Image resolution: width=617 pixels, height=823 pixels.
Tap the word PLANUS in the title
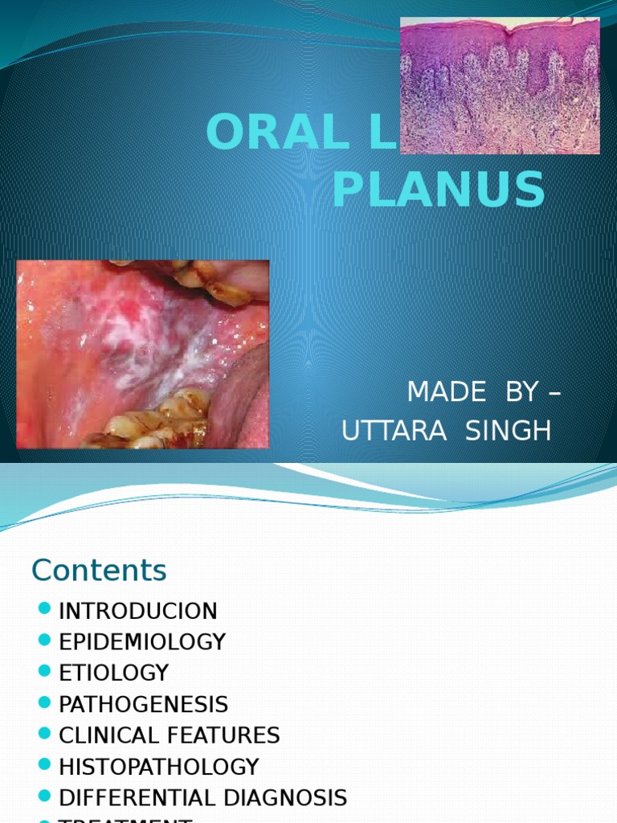[x=439, y=190]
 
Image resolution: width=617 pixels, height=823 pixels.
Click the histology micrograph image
[x=500, y=85]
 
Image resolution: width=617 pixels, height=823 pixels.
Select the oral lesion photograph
[x=143, y=354]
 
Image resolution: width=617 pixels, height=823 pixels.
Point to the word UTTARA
[x=394, y=431]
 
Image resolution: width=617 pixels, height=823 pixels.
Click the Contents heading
[x=99, y=571]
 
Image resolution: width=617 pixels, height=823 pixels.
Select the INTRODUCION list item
[x=138, y=611]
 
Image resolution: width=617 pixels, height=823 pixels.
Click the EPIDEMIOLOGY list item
[x=142, y=642]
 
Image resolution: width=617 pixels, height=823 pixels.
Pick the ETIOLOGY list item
[x=114, y=673]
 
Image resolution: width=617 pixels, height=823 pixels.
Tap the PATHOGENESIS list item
[x=144, y=705]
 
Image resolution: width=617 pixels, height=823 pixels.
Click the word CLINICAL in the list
[x=110, y=735]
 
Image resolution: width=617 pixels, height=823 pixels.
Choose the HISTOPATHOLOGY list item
[x=159, y=767]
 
